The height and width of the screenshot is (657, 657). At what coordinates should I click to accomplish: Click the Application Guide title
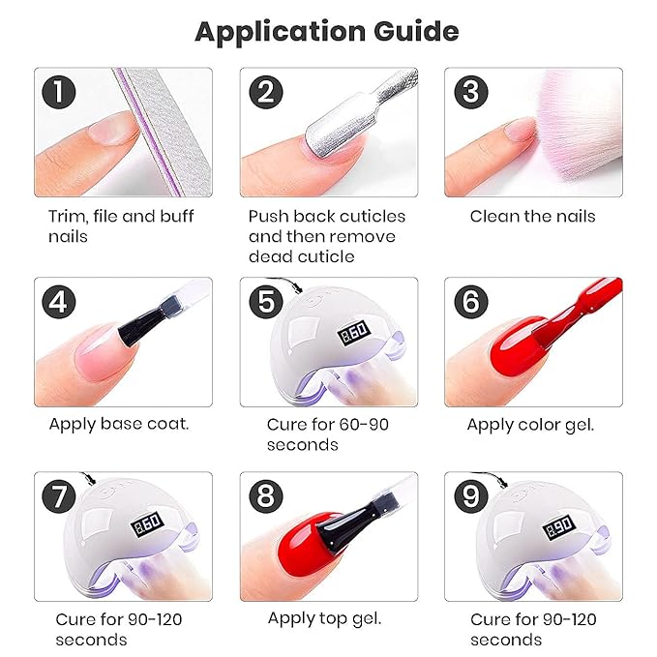[x=327, y=31]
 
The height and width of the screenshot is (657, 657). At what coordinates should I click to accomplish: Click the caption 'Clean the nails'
[x=532, y=216]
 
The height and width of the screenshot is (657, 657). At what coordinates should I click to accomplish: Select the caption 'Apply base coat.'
[x=119, y=424]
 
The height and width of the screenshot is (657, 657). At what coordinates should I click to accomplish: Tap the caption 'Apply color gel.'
[x=530, y=424]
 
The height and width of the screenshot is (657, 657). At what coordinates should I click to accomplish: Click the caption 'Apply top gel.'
[x=325, y=618]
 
